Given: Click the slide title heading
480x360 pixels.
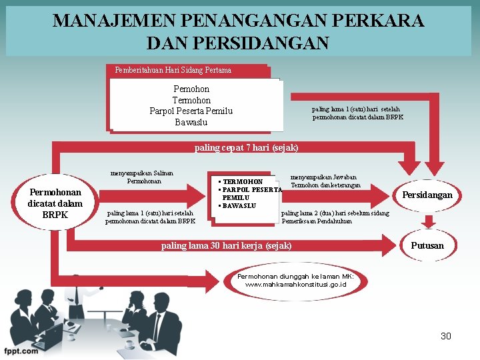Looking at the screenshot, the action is tap(238, 31).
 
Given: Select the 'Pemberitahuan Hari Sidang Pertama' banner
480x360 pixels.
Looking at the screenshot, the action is tap(173, 70).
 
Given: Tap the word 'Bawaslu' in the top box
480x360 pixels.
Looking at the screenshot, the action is tap(191, 122).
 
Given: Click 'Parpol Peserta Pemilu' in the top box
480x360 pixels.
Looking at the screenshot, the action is tap(191, 111).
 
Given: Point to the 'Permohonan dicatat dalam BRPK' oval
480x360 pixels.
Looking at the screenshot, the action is tap(55, 203).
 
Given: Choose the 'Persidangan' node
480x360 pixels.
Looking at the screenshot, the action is tap(427, 195).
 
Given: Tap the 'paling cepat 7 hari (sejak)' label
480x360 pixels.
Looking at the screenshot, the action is tap(246, 147).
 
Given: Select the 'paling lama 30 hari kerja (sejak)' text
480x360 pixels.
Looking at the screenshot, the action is tap(227, 246).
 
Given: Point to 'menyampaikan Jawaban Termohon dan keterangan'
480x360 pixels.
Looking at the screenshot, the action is tap(326, 181).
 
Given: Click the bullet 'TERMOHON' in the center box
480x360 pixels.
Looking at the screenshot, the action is tap(243, 181).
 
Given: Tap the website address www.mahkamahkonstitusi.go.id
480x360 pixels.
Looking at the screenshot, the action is tap(295, 284).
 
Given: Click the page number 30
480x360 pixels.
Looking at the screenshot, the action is tap(446, 336).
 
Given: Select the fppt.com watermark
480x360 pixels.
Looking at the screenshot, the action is tap(20, 349).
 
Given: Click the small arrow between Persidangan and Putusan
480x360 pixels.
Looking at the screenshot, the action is tap(427, 221).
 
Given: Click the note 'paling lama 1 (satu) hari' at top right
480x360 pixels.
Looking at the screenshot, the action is tap(357, 113).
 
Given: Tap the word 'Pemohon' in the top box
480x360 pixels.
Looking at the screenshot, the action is tap(191, 89).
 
